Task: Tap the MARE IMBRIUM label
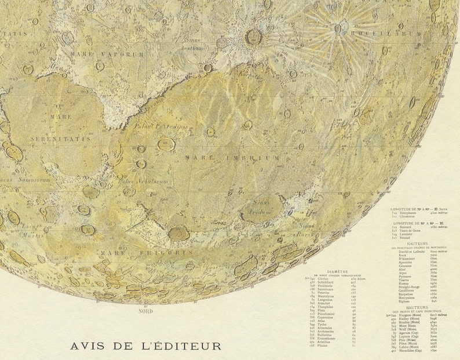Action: click(232, 158)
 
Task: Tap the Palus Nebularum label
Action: click(143, 181)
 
